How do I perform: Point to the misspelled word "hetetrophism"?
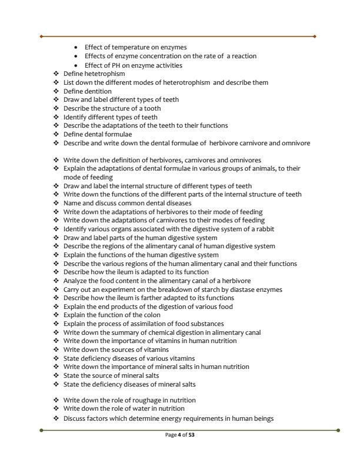[x=104, y=74]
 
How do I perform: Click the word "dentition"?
[x=98, y=91]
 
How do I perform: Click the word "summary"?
[x=114, y=332]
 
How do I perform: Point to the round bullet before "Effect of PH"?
[x=76, y=65]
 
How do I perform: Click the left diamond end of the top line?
[x=41, y=36]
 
